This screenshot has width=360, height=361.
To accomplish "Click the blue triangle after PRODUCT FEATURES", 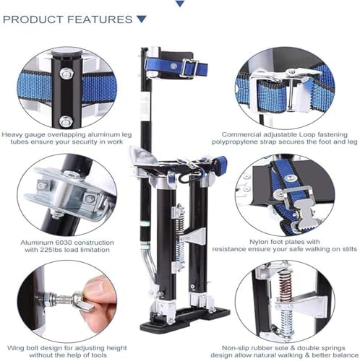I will (x=141, y=19).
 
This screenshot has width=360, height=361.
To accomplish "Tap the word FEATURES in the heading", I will (x=99, y=19).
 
